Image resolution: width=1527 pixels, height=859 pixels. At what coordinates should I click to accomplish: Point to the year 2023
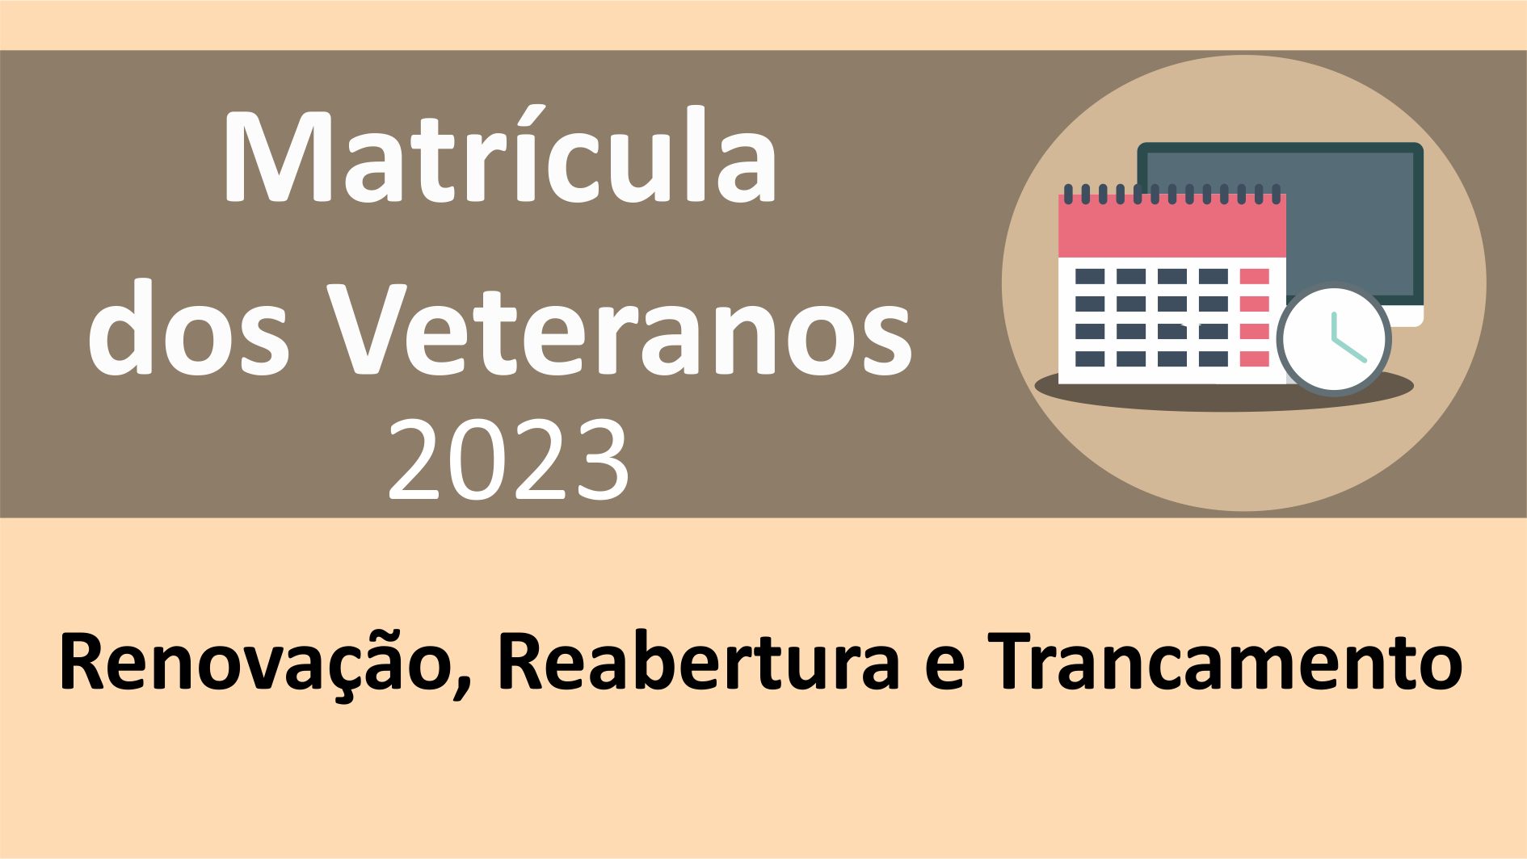point(509,459)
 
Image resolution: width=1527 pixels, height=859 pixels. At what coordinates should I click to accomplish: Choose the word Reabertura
point(698,662)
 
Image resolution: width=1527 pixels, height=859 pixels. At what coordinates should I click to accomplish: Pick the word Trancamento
point(1225,662)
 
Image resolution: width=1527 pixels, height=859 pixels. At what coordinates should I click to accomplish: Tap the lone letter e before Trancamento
point(944,671)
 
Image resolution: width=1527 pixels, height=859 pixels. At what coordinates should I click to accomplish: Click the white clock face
point(1334,340)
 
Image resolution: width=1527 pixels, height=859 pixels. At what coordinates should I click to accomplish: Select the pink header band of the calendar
point(1172,226)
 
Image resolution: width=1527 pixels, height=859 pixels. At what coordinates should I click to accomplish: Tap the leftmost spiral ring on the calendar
point(1068,194)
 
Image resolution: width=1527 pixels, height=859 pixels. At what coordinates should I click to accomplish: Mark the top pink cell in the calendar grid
point(1254,277)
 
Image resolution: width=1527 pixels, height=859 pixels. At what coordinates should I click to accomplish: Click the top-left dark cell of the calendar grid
point(1090,277)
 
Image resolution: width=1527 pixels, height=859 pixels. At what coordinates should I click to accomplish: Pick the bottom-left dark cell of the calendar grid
point(1090,358)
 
